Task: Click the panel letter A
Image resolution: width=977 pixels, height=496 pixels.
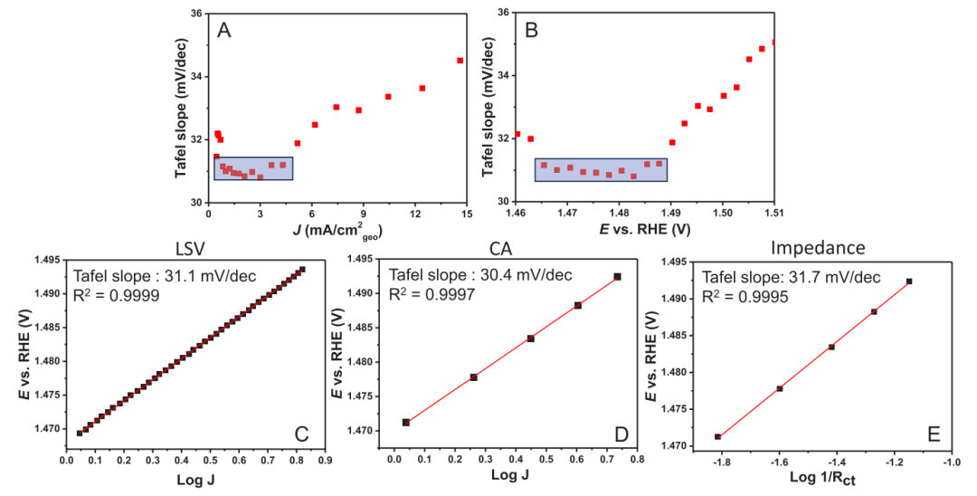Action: pos(224,31)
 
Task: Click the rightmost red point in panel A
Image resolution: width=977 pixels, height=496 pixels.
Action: pos(460,61)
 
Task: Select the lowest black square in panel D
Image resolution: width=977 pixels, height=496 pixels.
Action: pos(406,423)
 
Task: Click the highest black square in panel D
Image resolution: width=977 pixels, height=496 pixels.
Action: pos(617,276)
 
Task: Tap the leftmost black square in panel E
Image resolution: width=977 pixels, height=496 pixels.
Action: pos(717,437)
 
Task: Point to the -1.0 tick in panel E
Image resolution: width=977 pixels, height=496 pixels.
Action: pos(949,462)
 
